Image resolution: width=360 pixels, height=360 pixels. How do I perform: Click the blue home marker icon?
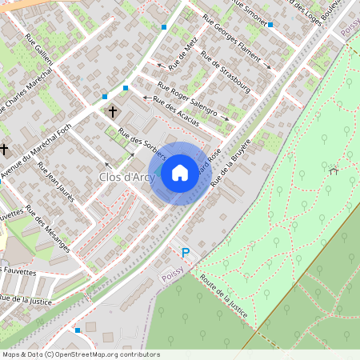click(x=180, y=173)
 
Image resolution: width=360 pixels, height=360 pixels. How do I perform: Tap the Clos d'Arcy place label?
click(x=127, y=176)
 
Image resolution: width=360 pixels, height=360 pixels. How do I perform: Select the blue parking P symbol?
click(x=186, y=253)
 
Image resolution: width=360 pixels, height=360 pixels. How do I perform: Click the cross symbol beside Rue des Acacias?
click(x=113, y=112)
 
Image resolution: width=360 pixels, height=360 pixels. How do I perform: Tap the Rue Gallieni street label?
click(x=44, y=56)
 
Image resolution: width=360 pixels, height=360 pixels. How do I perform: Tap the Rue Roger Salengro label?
click(x=187, y=100)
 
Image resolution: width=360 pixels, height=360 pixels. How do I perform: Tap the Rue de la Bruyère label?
click(x=231, y=163)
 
